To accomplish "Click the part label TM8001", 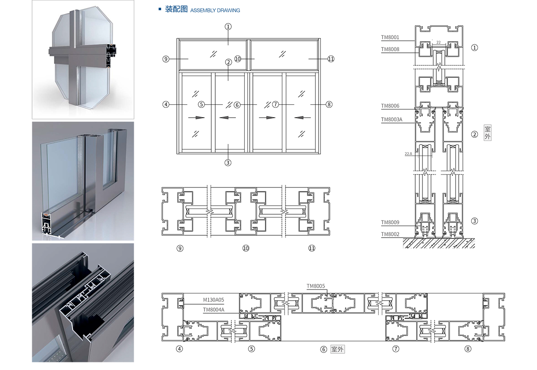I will pyautogui.click(x=390, y=38).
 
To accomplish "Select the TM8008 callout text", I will pyautogui.click(x=390, y=49).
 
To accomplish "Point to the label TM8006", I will pyautogui.click(x=390, y=106).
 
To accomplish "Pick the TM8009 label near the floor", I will pyautogui.click(x=390, y=222).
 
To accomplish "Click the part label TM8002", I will pyautogui.click(x=390, y=234).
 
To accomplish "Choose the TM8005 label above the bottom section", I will pyautogui.click(x=315, y=286).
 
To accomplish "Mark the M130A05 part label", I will pyautogui.click(x=213, y=300).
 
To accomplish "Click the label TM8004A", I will pyautogui.click(x=213, y=309).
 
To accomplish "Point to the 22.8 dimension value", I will pyautogui.click(x=408, y=154).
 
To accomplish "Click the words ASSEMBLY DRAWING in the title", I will pyautogui.click(x=215, y=10).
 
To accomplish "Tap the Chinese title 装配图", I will pyautogui.click(x=176, y=9).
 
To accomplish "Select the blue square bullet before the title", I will pyautogui.click(x=160, y=9).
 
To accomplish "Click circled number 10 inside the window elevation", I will pyautogui.click(x=238, y=59).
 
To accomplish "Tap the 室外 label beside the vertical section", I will pyautogui.click(x=487, y=133).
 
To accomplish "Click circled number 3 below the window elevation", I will pyautogui.click(x=228, y=163).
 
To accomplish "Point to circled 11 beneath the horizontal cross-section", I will pyautogui.click(x=312, y=248).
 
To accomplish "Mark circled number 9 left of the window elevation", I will pyautogui.click(x=166, y=59).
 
